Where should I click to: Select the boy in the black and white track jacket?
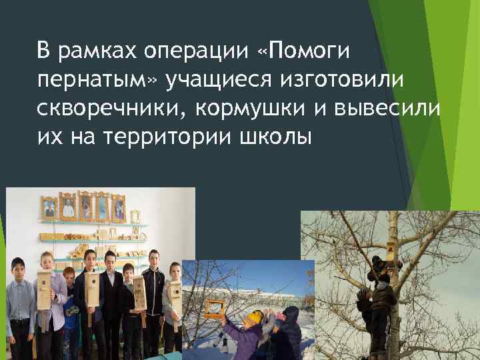tap(155, 293)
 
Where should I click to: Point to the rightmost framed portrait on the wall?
tap(118, 207)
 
